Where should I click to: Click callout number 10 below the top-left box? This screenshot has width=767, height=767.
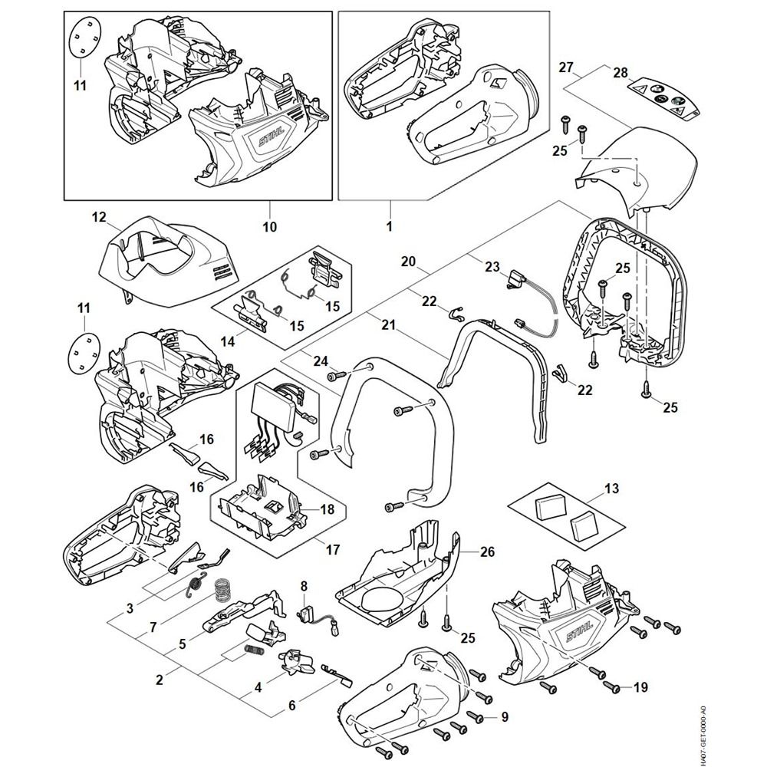269,228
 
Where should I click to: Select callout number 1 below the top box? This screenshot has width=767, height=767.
389,228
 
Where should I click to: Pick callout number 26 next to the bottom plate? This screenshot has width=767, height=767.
488,551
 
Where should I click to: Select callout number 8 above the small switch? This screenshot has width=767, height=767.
304,587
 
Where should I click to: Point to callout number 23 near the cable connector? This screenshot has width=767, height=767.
492,267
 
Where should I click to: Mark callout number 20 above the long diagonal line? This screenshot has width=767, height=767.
408,262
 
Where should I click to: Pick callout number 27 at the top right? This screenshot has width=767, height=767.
565,67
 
